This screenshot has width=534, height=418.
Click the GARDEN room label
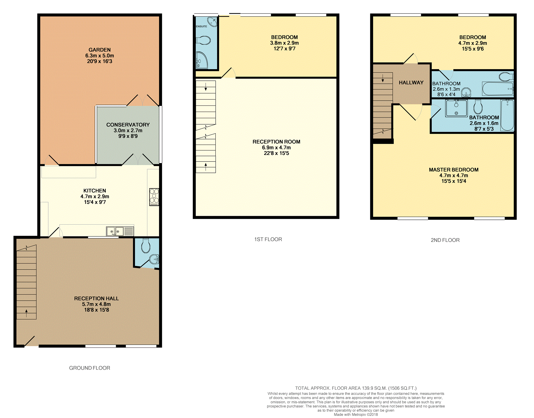pyautogui.click(x=99, y=50)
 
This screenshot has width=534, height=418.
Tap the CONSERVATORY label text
pyautogui.click(x=128, y=125)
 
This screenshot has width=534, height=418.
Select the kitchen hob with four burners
pyautogui.click(x=154, y=197)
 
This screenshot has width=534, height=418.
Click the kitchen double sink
pyautogui.click(x=115, y=231)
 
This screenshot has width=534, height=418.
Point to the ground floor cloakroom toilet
pyautogui.click(x=146, y=246)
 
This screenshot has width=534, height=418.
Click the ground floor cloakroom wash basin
pyautogui.click(x=155, y=259)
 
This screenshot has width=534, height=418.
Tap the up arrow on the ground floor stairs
pyautogui.click(x=26, y=313)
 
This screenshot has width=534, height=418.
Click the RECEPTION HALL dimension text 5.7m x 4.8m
pyautogui.click(x=97, y=304)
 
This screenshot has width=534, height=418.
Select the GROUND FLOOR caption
pyautogui.click(x=90, y=368)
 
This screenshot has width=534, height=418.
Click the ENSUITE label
pyautogui.click(x=201, y=26)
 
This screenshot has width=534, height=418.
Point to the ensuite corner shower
pyautogui.click(x=202, y=60)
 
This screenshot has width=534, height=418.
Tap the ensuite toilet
pyautogui.click(x=203, y=40)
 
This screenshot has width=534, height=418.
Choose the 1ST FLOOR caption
pyautogui.click(x=268, y=239)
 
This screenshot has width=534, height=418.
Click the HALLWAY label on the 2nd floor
pyautogui.click(x=411, y=83)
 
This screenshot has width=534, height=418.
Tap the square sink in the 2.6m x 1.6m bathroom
pyautogui.click(x=456, y=108)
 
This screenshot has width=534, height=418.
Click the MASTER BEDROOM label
pyautogui.click(x=454, y=170)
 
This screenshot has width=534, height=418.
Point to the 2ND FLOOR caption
pyautogui.click(x=445, y=240)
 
